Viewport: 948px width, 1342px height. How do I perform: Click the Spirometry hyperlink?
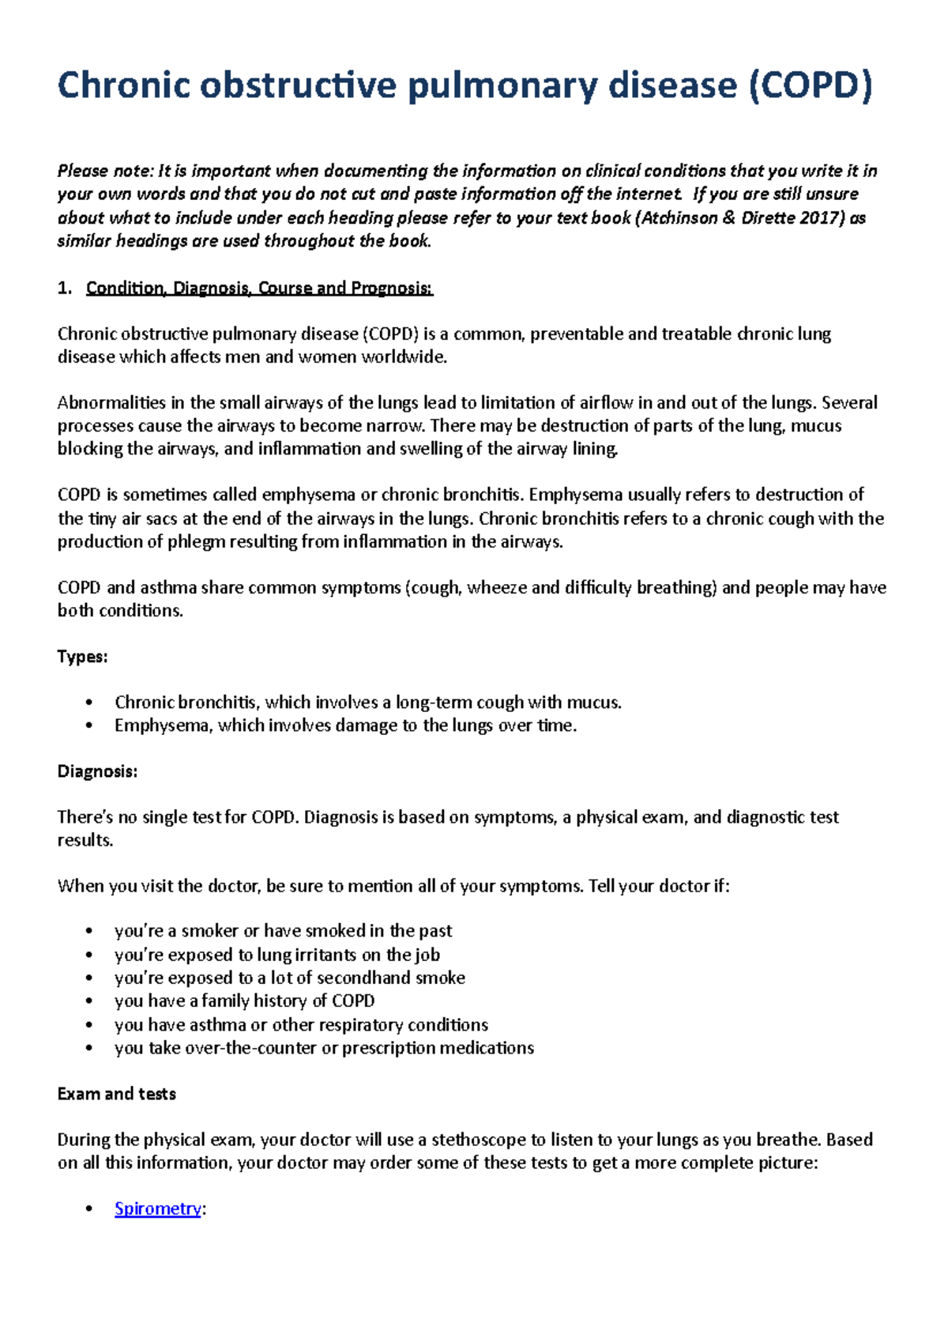tap(157, 1208)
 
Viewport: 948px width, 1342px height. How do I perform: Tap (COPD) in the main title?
tap(810, 85)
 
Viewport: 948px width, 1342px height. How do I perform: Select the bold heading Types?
tap(82, 657)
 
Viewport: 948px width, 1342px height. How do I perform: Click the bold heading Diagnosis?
tap(97, 771)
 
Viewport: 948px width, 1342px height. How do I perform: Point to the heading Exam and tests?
tap(116, 1094)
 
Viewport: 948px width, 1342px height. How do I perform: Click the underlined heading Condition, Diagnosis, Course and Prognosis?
tap(259, 288)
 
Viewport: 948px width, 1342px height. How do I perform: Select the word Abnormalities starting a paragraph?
tap(111, 403)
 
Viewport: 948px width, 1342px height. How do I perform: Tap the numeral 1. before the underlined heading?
tap(64, 288)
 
